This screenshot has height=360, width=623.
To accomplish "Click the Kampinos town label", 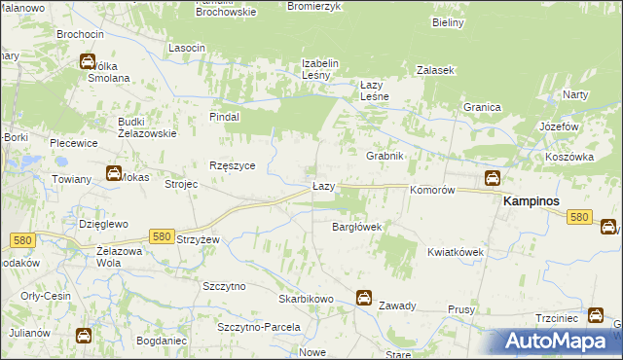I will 535,199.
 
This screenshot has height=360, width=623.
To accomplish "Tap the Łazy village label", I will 324,185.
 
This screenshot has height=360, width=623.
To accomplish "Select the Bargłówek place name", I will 356,227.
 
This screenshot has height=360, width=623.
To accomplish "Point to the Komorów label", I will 433,191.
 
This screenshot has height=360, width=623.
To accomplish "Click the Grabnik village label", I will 385,156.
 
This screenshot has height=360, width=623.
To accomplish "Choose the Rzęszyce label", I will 233,165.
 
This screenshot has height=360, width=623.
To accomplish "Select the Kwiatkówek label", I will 455,251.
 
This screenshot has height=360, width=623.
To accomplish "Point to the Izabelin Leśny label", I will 319,69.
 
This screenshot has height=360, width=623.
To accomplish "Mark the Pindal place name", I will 225,116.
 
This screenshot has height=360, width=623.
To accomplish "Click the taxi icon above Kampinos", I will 493,178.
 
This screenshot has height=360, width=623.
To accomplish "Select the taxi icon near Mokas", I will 114,174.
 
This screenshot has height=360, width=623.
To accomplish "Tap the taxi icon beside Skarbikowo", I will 363,297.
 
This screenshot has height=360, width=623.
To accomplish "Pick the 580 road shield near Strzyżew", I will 163,235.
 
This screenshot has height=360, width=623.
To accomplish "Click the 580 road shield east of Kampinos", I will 580,217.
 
